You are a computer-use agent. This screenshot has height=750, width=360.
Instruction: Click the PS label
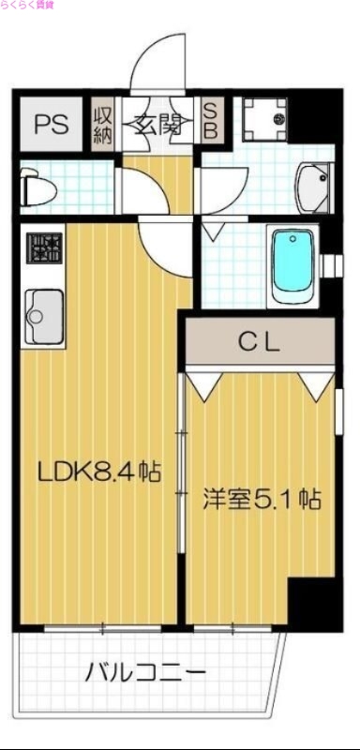[x=51, y=125]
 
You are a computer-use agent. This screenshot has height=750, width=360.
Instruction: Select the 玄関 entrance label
[x=157, y=125]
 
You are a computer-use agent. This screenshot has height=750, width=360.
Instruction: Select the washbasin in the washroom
[x=313, y=183]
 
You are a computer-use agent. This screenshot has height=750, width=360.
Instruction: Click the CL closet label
[x=259, y=342]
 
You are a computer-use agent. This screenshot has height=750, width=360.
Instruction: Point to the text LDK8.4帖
[x=98, y=472]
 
